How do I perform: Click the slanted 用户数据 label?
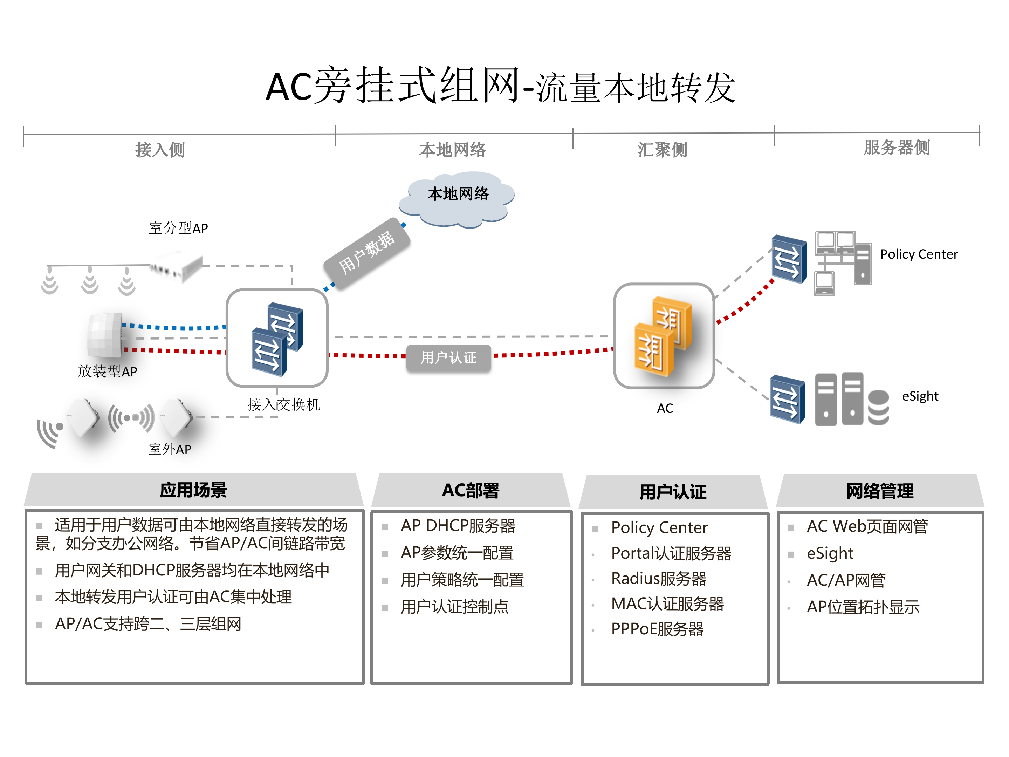click(x=367, y=252)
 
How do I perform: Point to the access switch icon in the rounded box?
click(x=277, y=339)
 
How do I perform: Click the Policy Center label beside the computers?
click(x=918, y=254)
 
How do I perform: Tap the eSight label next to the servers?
click(x=920, y=396)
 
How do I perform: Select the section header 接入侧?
click(x=160, y=150)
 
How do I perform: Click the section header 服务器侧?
click(x=896, y=148)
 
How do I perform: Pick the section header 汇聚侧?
click(x=662, y=150)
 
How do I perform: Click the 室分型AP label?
click(x=178, y=228)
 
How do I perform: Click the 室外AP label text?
click(x=170, y=449)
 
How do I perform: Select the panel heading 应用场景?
click(x=193, y=490)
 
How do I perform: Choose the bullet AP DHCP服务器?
click(x=458, y=526)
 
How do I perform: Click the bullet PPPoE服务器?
click(x=657, y=629)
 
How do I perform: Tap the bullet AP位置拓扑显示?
click(x=863, y=607)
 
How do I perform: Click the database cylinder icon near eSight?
click(x=878, y=408)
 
